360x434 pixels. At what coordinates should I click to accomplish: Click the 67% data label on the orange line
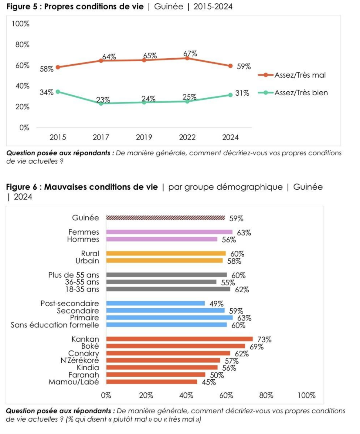click(190, 54)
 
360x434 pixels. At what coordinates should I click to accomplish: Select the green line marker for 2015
click(58, 91)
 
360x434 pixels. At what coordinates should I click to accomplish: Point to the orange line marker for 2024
click(230, 66)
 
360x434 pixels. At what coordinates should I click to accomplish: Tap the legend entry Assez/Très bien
click(301, 93)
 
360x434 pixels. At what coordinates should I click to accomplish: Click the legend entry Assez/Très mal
click(300, 75)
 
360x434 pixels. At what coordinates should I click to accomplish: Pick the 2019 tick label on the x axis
click(144, 137)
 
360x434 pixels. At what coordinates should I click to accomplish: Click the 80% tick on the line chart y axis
click(22, 45)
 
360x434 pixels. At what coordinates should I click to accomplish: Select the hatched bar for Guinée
click(165, 218)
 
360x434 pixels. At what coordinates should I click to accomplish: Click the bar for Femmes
click(169, 232)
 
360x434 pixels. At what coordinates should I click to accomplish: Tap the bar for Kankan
click(179, 339)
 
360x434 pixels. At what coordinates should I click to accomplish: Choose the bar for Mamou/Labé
click(151, 382)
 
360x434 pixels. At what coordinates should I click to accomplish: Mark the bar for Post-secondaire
click(155, 303)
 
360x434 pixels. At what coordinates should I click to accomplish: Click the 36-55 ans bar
click(161, 282)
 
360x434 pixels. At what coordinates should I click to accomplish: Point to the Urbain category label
click(87, 261)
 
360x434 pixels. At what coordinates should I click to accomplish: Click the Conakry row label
click(83, 354)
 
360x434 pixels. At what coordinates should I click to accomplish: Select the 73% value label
click(264, 340)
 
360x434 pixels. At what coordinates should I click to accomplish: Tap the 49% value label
click(216, 304)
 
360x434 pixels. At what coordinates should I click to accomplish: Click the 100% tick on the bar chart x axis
click(306, 395)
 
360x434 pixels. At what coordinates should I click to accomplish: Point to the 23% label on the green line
click(103, 100)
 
